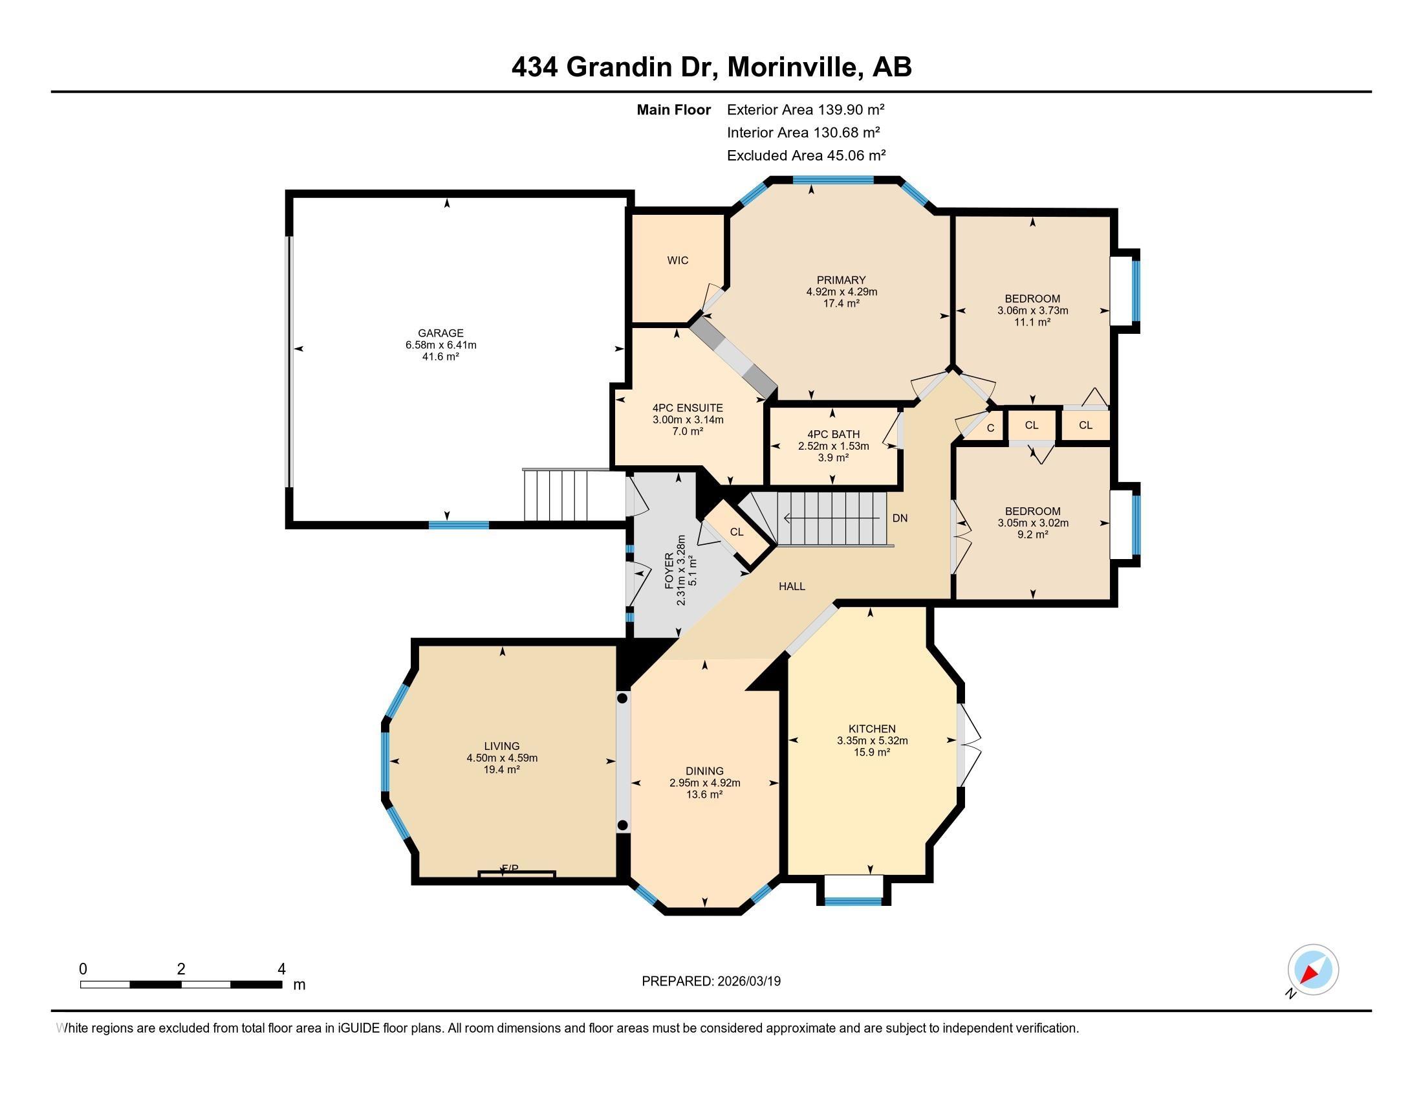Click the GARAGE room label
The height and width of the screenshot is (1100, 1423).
tap(440, 333)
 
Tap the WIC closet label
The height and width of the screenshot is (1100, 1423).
tap(678, 261)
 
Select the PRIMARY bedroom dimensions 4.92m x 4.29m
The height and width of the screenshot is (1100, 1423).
tap(841, 292)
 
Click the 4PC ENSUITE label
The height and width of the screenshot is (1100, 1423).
tap(688, 408)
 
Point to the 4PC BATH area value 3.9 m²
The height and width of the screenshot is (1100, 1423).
tap(832, 458)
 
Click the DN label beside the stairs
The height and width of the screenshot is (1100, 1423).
tap(900, 519)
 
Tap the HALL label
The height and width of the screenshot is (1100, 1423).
tap(792, 586)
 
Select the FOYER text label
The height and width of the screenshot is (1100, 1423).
tap(670, 571)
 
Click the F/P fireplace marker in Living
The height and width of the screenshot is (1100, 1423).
tap(510, 868)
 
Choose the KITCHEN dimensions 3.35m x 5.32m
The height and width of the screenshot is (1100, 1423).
tap(872, 740)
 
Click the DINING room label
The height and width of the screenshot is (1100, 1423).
tap(704, 771)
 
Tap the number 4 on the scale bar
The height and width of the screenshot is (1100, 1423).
tap(281, 969)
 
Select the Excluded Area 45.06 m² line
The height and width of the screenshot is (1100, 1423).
tap(806, 156)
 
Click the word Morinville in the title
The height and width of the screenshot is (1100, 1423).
tap(791, 67)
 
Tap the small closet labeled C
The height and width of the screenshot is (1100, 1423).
tap(990, 428)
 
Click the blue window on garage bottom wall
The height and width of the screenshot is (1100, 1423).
tap(459, 525)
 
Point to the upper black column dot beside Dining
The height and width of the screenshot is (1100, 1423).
tap(622, 699)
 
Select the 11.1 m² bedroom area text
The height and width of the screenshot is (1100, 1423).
tap(1032, 323)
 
